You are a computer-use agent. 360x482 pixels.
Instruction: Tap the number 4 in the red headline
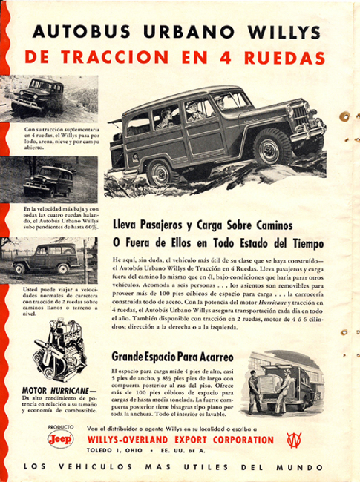click(x=248, y=57)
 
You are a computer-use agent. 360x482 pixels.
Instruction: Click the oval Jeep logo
click(x=60, y=440)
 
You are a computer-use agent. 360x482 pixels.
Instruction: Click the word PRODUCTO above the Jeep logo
click(x=60, y=428)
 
